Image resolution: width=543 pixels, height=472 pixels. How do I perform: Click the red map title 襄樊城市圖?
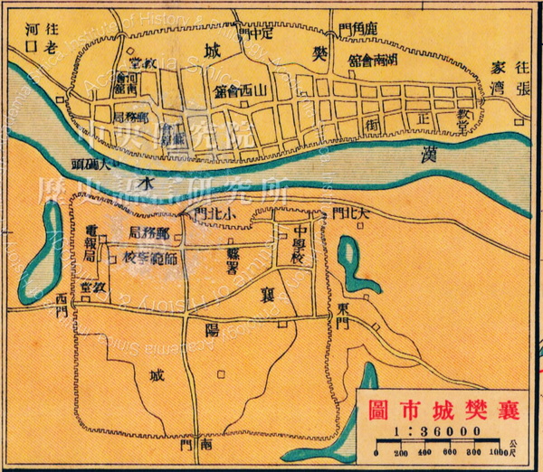[x=443, y=409]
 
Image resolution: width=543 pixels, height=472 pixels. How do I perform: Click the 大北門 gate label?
[x=352, y=213]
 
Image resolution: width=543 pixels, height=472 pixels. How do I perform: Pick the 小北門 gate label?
[x=214, y=212]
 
